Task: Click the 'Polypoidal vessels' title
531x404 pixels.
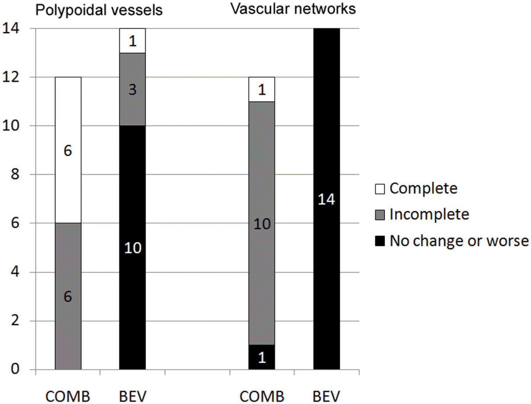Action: tap(99, 10)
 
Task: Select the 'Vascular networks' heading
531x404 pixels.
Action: tap(293, 9)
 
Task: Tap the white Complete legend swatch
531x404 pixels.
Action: tap(379, 189)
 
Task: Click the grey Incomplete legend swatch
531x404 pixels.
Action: tap(379, 215)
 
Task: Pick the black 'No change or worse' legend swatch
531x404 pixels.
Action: tap(379, 241)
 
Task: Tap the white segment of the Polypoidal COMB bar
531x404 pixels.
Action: tap(68, 150)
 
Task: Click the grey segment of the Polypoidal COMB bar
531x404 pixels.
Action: tap(68, 296)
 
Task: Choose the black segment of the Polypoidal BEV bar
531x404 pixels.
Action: tap(132, 247)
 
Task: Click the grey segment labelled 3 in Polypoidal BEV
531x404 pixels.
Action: tap(132, 89)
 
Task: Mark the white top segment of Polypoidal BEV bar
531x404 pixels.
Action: tap(132, 41)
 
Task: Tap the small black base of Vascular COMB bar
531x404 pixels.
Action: tap(262, 357)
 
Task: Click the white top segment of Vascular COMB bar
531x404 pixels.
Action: tap(262, 89)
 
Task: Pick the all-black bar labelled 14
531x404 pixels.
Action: tap(326, 199)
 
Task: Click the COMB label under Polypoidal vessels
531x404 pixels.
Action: tap(68, 396)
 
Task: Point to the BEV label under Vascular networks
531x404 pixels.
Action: tap(326, 396)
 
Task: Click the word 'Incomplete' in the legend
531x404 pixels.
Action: tap(429, 215)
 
